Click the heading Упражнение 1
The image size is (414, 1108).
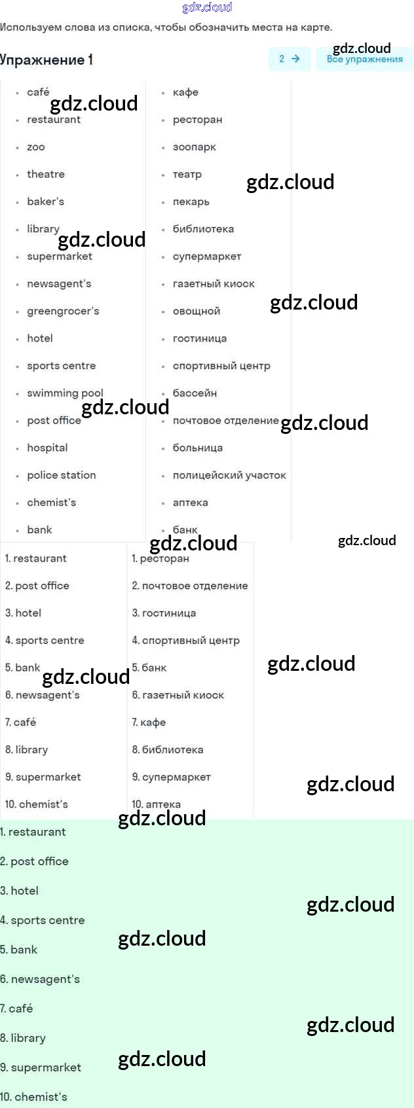pyautogui.click(x=47, y=60)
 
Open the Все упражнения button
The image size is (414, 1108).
pyautogui.click(x=364, y=59)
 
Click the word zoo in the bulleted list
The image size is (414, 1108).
pyautogui.click(x=36, y=147)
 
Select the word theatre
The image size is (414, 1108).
pyautogui.click(x=46, y=174)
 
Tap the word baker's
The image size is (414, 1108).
pyautogui.click(x=45, y=202)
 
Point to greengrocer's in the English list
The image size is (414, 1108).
pyautogui.click(x=63, y=311)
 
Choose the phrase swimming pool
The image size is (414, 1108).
pyautogui.click(x=65, y=393)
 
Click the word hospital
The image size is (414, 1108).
pyautogui.click(x=47, y=448)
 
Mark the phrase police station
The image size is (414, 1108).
pyautogui.click(x=62, y=475)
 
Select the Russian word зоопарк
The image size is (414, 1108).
pyautogui.click(x=194, y=147)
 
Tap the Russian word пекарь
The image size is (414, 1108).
pyautogui.click(x=191, y=202)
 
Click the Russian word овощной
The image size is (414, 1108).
pyautogui.click(x=197, y=311)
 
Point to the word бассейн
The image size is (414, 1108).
pyautogui.click(x=195, y=393)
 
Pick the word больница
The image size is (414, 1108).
pyautogui.click(x=198, y=448)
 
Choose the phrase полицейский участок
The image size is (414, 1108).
pyautogui.click(x=229, y=475)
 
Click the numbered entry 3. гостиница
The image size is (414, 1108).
pyautogui.click(x=164, y=613)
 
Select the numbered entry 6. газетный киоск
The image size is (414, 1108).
pyautogui.click(x=178, y=695)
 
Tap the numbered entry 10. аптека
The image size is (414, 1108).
pyautogui.click(x=156, y=804)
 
